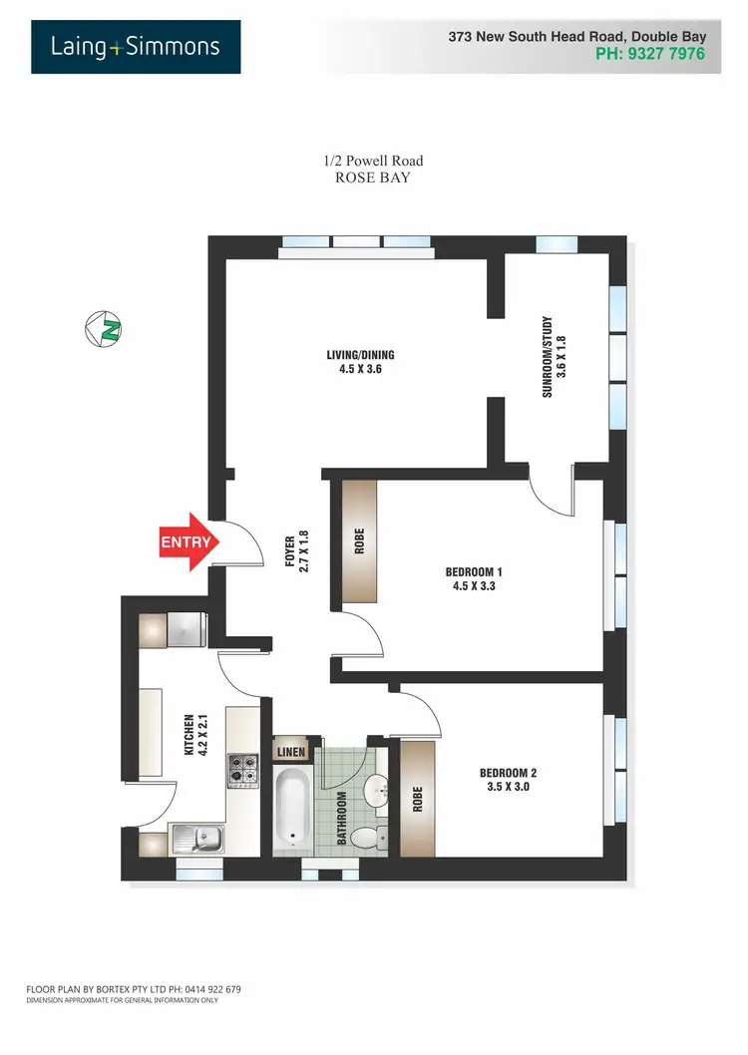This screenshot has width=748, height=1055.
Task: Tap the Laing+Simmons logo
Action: pos(136,47)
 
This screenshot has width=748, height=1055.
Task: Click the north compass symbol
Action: pos(103,328)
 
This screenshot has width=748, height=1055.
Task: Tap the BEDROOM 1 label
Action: pos(473,579)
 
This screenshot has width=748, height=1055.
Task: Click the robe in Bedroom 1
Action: pos(360,541)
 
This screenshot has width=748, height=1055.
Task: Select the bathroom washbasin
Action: pos(376,791)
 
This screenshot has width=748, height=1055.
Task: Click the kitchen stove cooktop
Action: pos(242,769)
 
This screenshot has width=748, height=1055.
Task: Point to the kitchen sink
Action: pos(197,839)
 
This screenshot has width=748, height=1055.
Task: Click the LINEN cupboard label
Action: pos(292,752)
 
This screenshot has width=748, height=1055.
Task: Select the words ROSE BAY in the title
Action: pos(373,177)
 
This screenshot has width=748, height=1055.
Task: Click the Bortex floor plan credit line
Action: pos(134,989)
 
